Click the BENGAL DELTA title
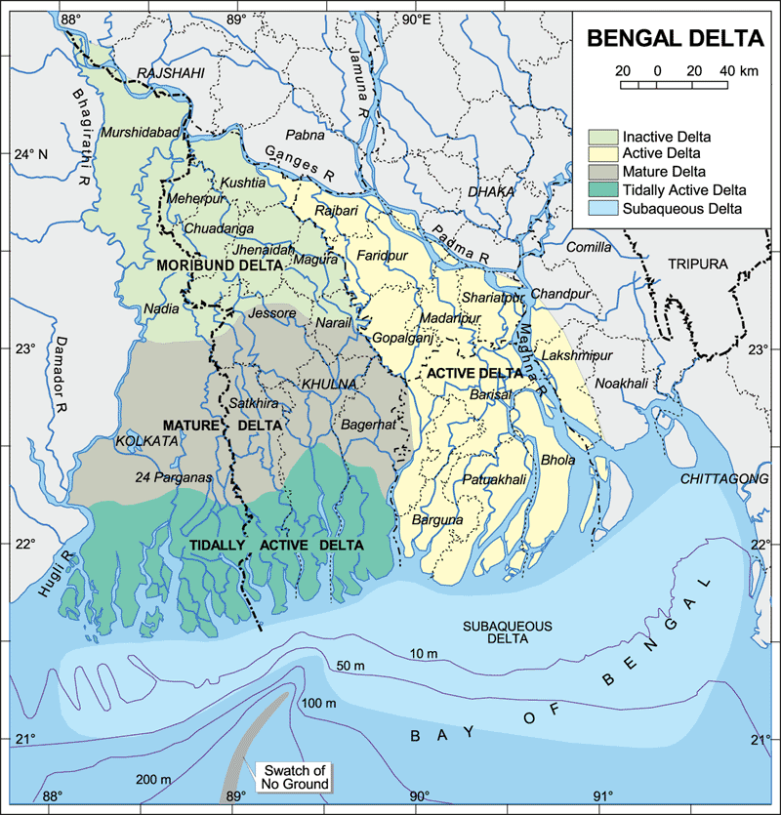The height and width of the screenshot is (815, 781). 673,39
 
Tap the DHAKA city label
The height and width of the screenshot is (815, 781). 491,192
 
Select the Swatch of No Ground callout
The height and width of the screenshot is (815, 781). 293,777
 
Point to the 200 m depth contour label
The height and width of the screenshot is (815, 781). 153,779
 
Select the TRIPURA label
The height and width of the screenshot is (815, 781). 698,265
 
